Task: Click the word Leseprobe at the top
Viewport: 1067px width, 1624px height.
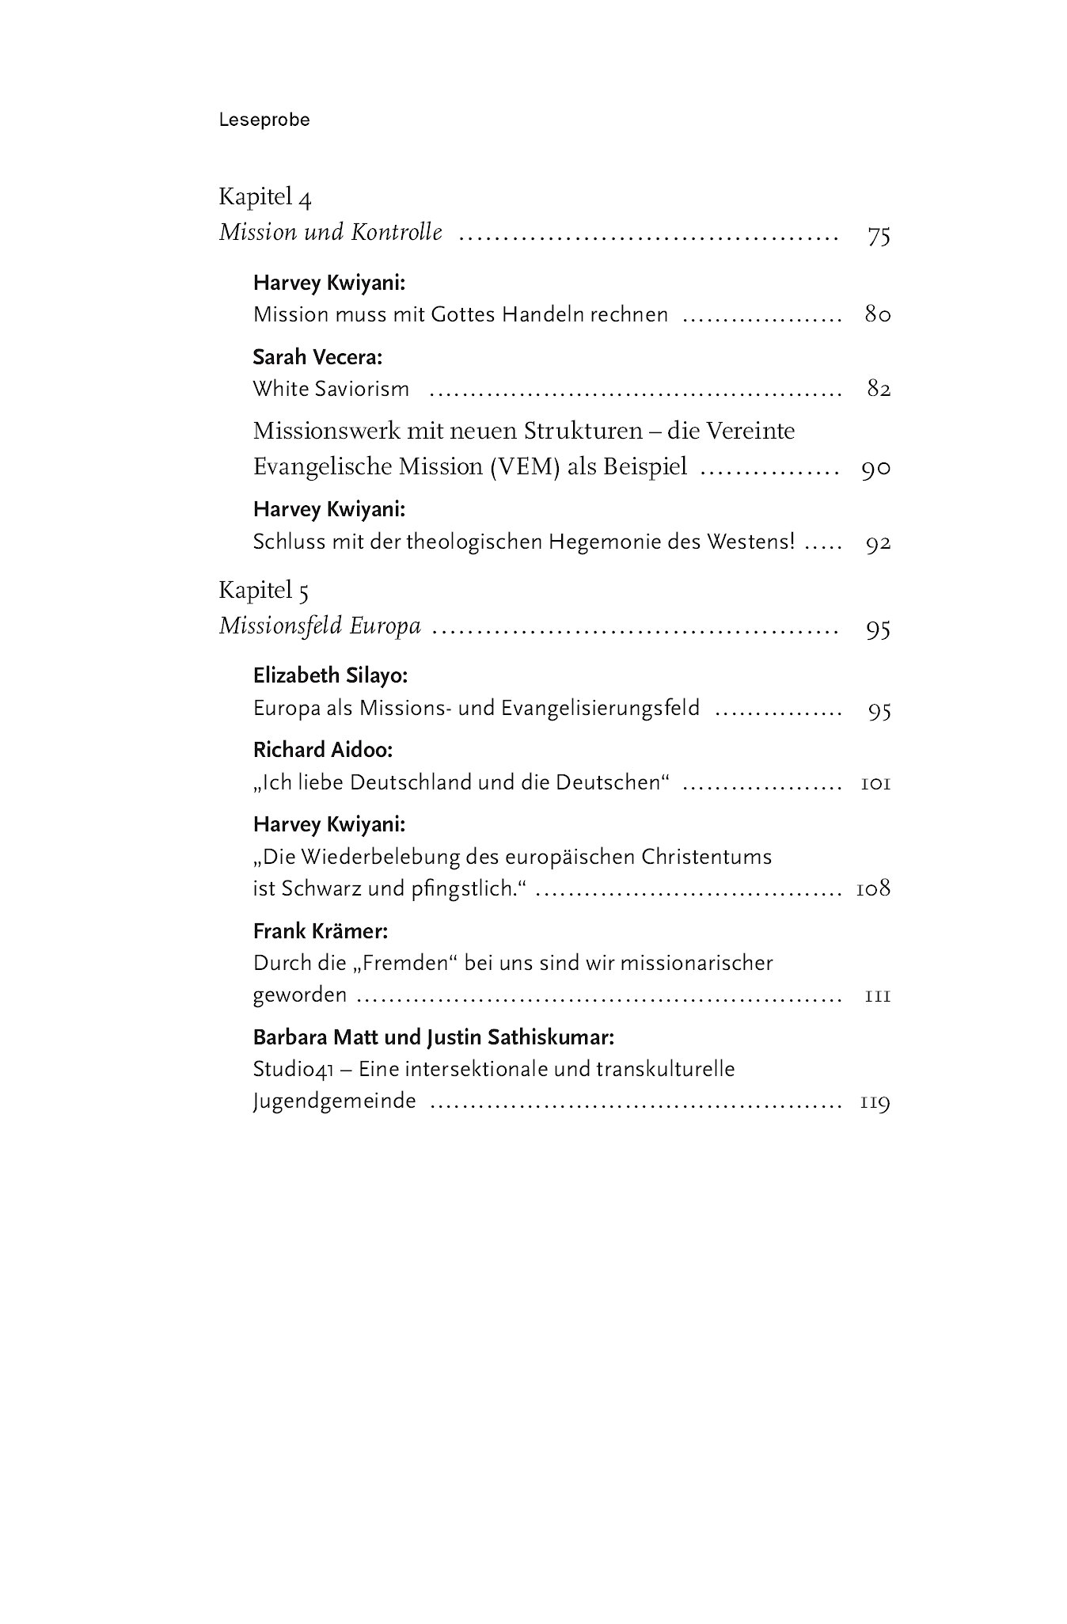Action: click(x=264, y=120)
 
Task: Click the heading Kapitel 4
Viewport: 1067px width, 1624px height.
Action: click(x=265, y=197)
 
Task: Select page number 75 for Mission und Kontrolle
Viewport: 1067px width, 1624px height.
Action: click(x=879, y=236)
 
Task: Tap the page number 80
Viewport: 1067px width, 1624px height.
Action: click(x=878, y=315)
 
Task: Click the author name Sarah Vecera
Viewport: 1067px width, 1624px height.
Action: click(x=317, y=357)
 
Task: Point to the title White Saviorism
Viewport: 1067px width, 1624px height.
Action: click(x=331, y=390)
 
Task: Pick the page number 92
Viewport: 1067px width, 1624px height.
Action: click(x=878, y=544)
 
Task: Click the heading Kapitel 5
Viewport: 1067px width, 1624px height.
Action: click(x=264, y=591)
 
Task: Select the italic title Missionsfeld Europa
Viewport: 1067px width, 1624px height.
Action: click(x=320, y=627)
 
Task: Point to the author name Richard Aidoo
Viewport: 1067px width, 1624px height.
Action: click(x=323, y=750)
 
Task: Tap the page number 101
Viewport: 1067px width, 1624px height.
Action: click(x=875, y=784)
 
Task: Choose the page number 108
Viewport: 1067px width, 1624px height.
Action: click(x=873, y=889)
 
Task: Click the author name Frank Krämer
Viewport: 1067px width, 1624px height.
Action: click(x=321, y=932)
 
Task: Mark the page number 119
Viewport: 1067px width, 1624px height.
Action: click(x=875, y=1102)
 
